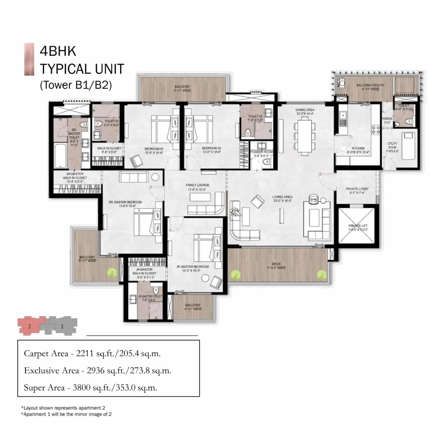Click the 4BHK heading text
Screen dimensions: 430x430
pyautogui.click(x=58, y=51)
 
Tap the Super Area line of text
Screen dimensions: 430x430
pyautogui.click(x=90, y=388)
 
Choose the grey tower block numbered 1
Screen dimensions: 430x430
pyautogui.click(x=62, y=326)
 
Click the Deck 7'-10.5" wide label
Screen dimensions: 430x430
pyautogui.click(x=276, y=266)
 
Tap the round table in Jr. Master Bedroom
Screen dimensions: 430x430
pyautogui.click(x=205, y=278)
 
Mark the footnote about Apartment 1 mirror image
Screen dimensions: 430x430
pyautogui.click(x=66, y=414)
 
